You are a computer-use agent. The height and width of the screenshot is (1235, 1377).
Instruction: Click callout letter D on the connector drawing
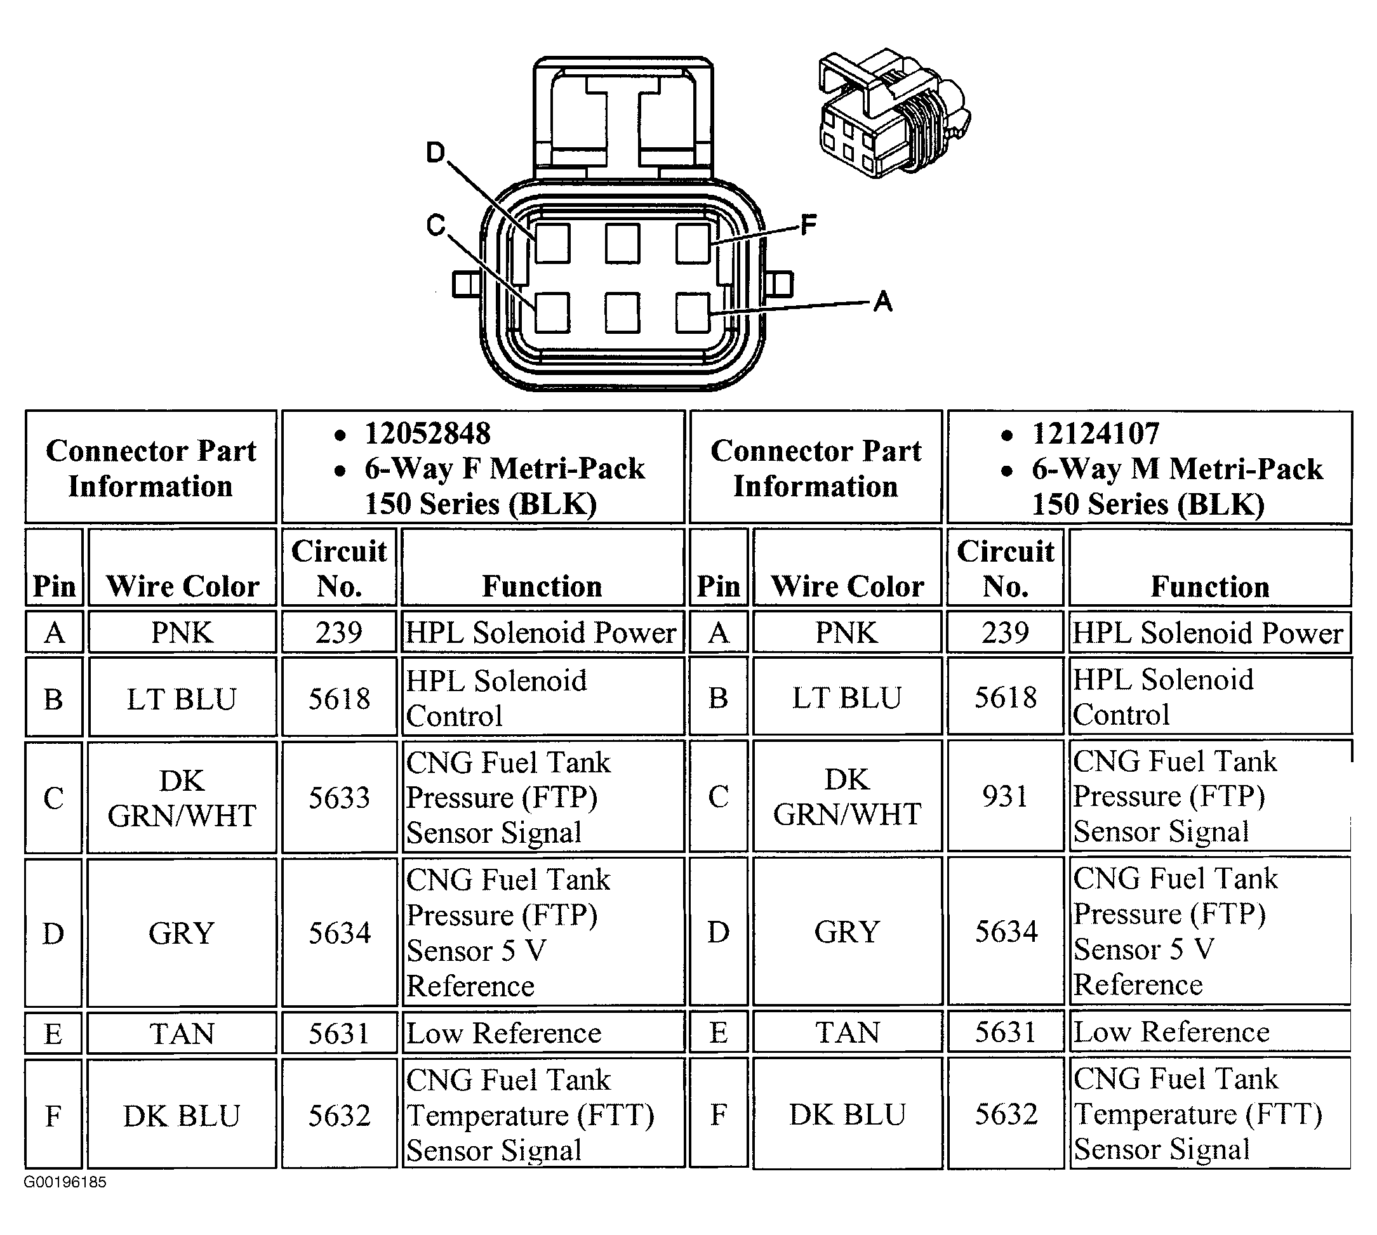pos(435,153)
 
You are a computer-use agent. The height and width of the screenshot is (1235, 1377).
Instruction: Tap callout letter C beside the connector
pos(436,225)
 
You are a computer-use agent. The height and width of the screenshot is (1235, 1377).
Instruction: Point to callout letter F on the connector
pos(808,225)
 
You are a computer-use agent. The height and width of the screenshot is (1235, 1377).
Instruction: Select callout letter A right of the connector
pos(882,301)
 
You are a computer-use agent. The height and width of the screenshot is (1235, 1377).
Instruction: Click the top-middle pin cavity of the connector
pos(622,244)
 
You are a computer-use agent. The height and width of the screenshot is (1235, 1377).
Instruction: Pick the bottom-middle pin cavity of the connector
pos(622,312)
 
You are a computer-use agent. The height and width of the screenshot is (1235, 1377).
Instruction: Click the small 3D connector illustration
pos(893,114)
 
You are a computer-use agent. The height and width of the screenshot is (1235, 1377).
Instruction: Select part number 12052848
pos(427,433)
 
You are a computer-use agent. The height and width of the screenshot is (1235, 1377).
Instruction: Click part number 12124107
pos(1095,433)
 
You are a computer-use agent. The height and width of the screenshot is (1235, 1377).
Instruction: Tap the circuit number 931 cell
pos(1005,796)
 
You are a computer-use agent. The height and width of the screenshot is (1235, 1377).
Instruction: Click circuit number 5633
pos(338,798)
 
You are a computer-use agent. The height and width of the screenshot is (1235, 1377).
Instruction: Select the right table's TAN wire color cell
pos(847,1033)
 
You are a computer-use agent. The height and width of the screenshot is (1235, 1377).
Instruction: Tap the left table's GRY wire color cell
pos(182,933)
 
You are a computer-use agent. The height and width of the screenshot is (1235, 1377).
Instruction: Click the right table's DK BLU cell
pos(847,1115)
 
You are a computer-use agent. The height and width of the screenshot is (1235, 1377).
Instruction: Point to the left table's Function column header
pos(542,586)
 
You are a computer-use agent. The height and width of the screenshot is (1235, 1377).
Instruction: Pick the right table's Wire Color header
pos(847,586)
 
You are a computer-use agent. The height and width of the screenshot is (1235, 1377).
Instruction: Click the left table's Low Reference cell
pos(503,1033)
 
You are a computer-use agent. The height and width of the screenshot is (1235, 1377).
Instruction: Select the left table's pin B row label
pos(53,699)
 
